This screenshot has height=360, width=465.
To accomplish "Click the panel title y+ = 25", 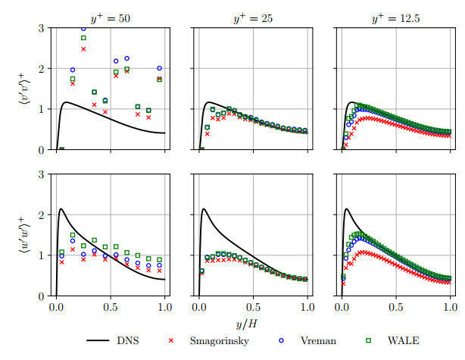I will point(253,12).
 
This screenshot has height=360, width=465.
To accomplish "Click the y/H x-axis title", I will point(253,324).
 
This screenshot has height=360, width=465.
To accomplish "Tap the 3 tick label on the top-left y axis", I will point(41,29).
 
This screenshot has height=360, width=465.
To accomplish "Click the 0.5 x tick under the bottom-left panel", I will point(110,308).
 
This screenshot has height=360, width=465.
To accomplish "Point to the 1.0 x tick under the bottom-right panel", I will point(450,308).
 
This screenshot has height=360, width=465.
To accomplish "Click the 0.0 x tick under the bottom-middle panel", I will point(199,308).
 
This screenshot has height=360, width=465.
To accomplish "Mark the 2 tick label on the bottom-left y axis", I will point(41,215).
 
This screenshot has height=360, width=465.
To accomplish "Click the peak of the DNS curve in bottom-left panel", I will point(61,208).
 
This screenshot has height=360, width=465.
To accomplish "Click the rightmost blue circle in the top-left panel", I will point(159,68).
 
